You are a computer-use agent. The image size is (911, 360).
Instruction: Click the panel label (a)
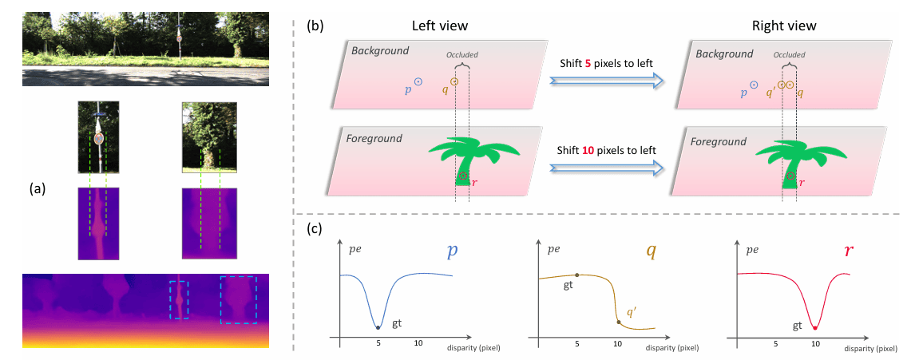36,189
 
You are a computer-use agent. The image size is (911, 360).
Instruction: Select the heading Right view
784,26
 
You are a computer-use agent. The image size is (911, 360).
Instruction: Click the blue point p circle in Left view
418,81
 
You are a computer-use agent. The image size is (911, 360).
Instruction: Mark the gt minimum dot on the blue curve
379,327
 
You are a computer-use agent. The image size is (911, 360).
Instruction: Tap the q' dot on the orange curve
618,322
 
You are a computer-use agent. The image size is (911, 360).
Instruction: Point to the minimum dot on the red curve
814,327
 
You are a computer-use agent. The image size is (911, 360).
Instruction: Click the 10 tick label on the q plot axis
616,342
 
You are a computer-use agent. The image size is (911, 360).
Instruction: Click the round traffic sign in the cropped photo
99,138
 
